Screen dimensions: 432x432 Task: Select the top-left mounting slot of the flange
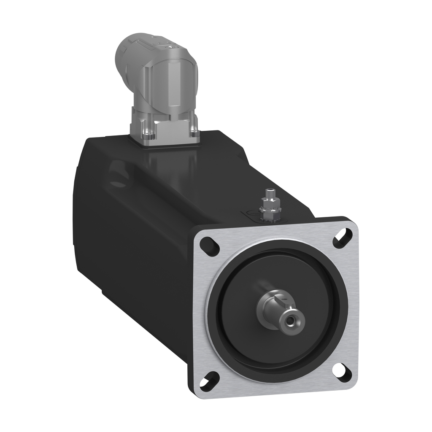(209, 246)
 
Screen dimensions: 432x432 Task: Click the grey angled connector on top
(160, 84)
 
